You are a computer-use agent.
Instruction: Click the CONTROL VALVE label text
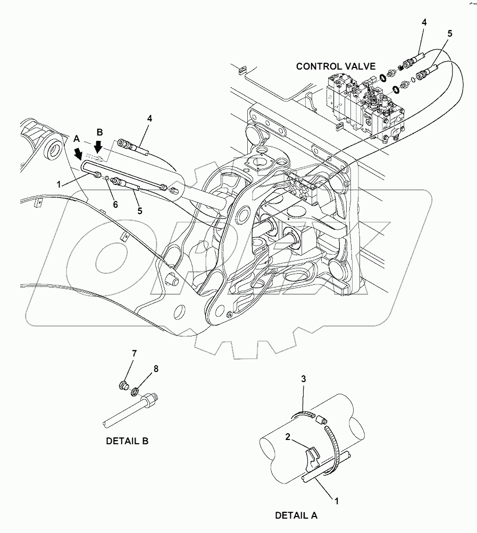pyautogui.click(x=336, y=66)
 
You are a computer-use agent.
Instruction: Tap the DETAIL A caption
pyautogui.click(x=296, y=515)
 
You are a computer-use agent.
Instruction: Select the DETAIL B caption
pyautogui.click(x=127, y=441)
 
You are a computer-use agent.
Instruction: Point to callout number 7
pyautogui.click(x=135, y=353)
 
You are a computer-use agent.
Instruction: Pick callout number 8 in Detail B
pyautogui.click(x=156, y=368)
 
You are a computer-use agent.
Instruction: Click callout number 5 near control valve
pyautogui.click(x=449, y=33)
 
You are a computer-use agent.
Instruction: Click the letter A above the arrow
pyautogui.click(x=77, y=138)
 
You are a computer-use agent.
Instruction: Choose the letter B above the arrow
pyautogui.click(x=99, y=131)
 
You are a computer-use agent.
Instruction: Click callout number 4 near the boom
pyautogui.click(x=149, y=119)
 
